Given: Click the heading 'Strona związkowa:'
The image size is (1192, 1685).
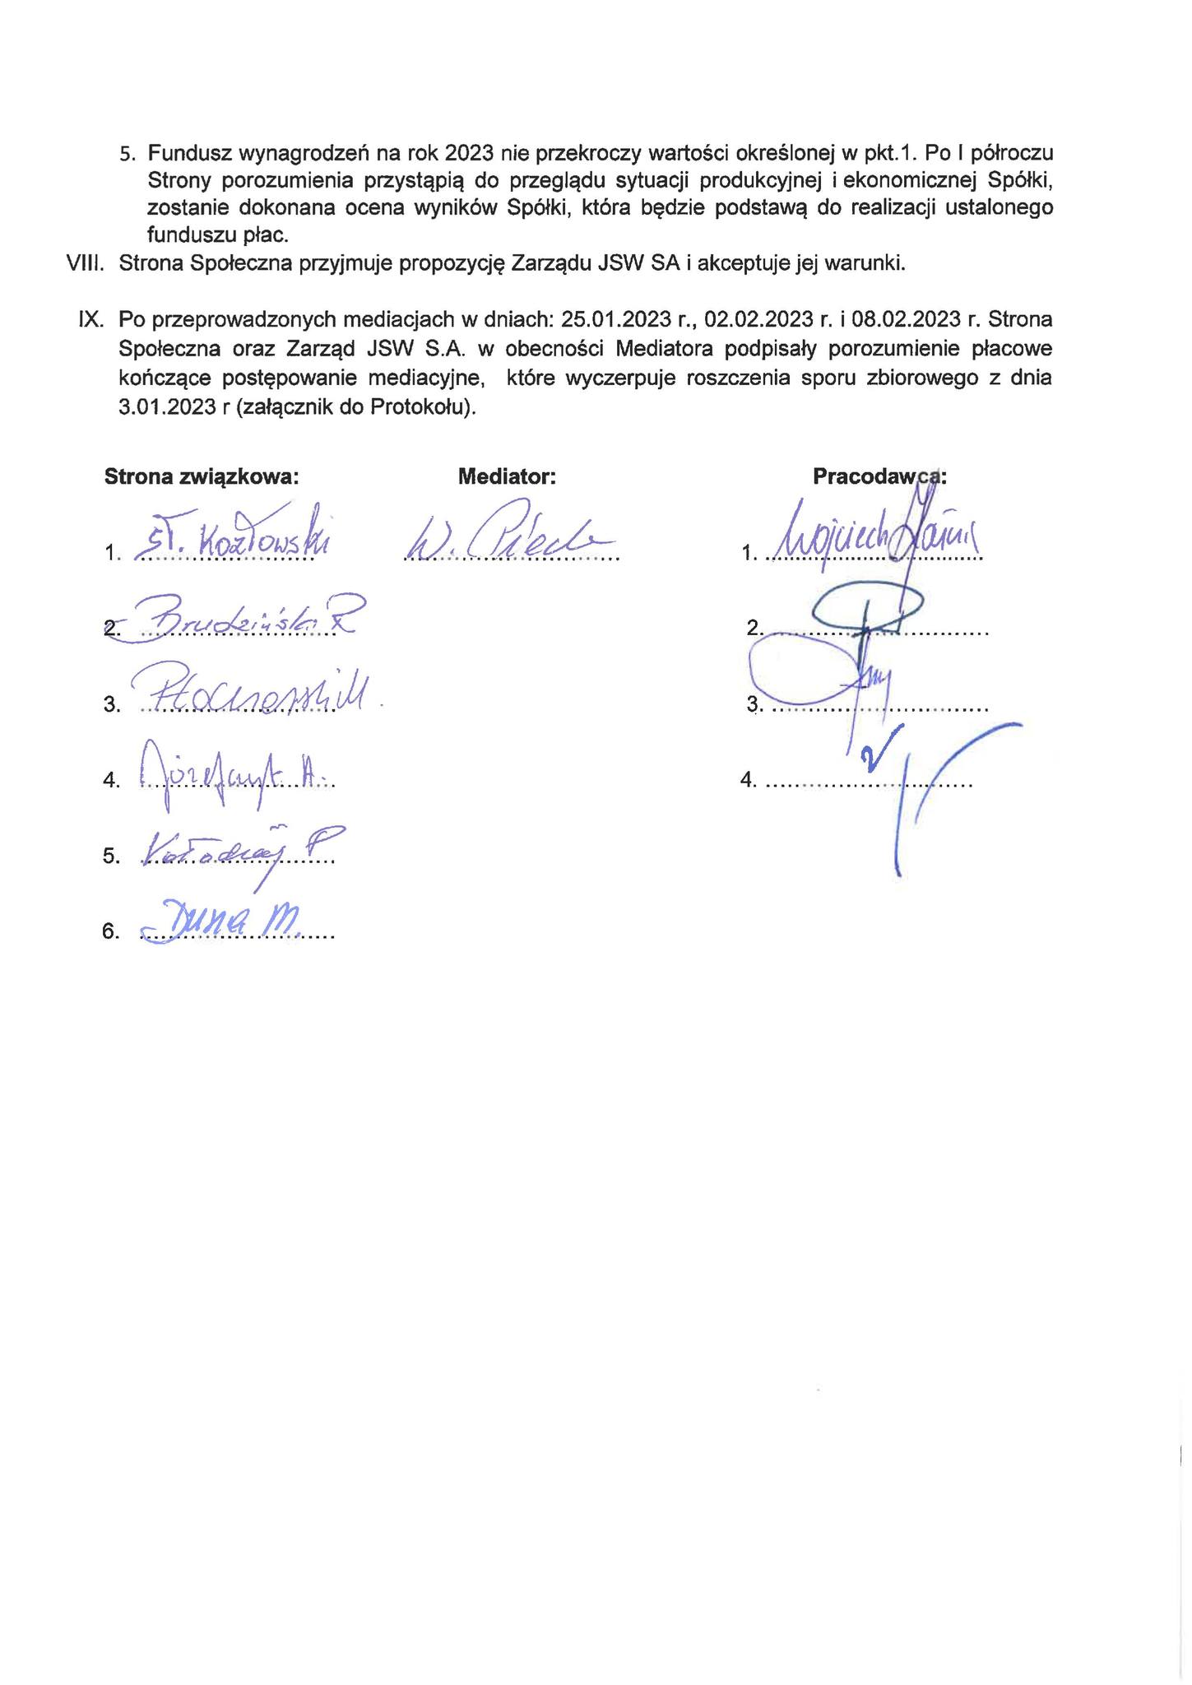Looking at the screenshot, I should [x=201, y=476].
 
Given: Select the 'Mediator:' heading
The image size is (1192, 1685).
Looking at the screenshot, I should [x=507, y=476].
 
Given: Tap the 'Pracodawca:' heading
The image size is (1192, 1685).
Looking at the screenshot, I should [x=879, y=476].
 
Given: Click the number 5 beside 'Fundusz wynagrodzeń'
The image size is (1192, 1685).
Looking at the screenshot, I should [x=126, y=154].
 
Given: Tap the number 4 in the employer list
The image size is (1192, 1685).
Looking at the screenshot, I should [x=748, y=780].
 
